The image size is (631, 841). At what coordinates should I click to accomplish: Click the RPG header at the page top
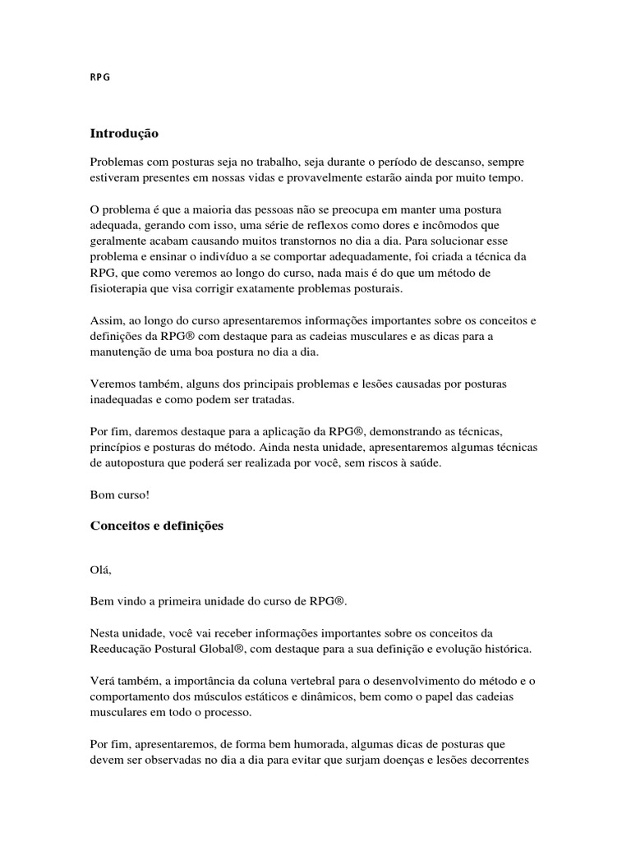pyautogui.click(x=99, y=78)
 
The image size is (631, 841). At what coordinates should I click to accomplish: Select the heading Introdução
pyautogui.click(x=123, y=132)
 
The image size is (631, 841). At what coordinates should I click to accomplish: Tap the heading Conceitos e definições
pyautogui.click(x=156, y=526)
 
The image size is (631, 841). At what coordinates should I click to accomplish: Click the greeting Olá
pyautogui.click(x=100, y=578)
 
